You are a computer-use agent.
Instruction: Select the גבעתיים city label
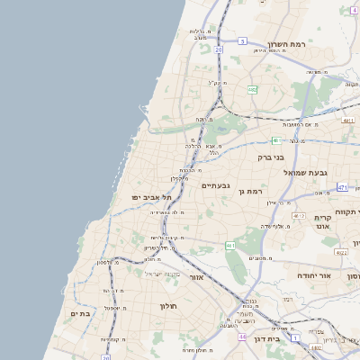[217, 185]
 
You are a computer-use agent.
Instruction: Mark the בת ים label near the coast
[80, 313]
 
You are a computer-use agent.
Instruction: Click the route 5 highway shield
[242, 41]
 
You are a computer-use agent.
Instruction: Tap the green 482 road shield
[253, 90]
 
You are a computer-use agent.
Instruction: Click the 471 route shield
[342, 187]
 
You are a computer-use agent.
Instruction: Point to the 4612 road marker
[299, 216]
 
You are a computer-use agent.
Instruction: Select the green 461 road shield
[230, 245]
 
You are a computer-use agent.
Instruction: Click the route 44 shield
[242, 337]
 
